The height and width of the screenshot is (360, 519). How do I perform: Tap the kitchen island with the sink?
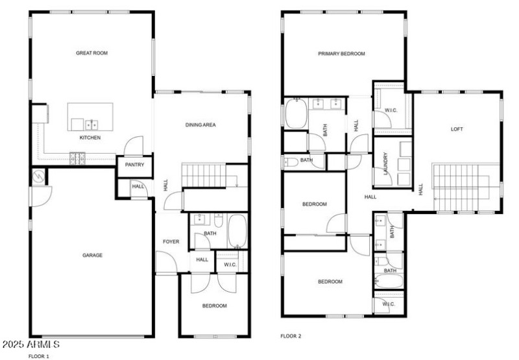click(91, 116)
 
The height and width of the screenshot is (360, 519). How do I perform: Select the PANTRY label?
click(134, 165)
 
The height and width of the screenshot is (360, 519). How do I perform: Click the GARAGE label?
click(92, 256)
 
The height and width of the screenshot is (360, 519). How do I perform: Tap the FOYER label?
click(171, 242)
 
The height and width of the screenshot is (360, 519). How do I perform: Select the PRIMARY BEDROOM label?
click(341, 54)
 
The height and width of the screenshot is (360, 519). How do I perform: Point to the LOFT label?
click(457, 129)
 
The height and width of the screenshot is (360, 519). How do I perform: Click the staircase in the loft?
click(457, 187)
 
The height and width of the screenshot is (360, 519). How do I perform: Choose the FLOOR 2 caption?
click(291, 336)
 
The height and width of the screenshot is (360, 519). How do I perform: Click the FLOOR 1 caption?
click(38, 356)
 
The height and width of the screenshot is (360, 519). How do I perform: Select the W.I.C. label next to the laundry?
click(391, 110)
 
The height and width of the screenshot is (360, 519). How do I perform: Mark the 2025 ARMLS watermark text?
click(31, 344)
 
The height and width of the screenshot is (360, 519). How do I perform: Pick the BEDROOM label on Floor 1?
click(214, 306)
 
